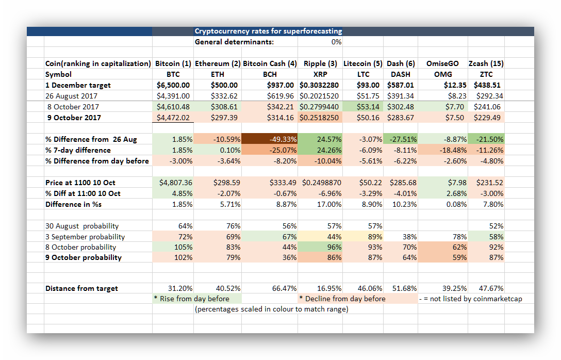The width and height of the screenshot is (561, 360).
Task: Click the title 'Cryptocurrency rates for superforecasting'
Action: click(x=268, y=31)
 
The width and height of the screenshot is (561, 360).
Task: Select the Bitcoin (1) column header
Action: click(x=173, y=63)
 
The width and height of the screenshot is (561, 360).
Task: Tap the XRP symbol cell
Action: click(x=320, y=74)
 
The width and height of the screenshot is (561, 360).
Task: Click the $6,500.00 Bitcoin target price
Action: click(x=173, y=85)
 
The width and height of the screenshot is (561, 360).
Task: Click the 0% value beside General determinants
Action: click(x=336, y=42)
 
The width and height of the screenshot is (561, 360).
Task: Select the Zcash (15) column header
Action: click(x=486, y=63)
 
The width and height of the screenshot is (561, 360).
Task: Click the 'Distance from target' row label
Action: click(x=81, y=288)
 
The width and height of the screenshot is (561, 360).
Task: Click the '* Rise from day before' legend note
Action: click(x=192, y=299)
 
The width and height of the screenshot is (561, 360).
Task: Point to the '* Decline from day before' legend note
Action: click(x=342, y=299)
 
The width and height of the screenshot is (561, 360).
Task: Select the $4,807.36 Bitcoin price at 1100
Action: click(x=173, y=183)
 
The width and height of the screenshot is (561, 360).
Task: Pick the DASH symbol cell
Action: click(x=401, y=74)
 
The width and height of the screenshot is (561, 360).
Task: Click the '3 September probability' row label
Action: click(x=85, y=237)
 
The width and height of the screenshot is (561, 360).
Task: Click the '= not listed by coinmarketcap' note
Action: click(x=470, y=299)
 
